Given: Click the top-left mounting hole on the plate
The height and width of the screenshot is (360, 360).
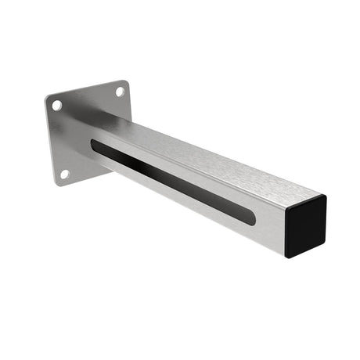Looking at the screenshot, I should (x=57, y=105).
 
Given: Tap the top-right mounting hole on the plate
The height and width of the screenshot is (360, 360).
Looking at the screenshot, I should (x=120, y=92).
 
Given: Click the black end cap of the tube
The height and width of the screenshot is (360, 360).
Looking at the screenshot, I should (x=306, y=226).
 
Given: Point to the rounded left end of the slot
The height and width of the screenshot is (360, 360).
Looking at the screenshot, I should (x=95, y=145).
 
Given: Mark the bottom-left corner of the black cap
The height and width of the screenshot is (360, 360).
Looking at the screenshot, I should (x=287, y=256).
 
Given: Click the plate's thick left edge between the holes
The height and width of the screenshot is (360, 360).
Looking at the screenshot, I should (x=50, y=141).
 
